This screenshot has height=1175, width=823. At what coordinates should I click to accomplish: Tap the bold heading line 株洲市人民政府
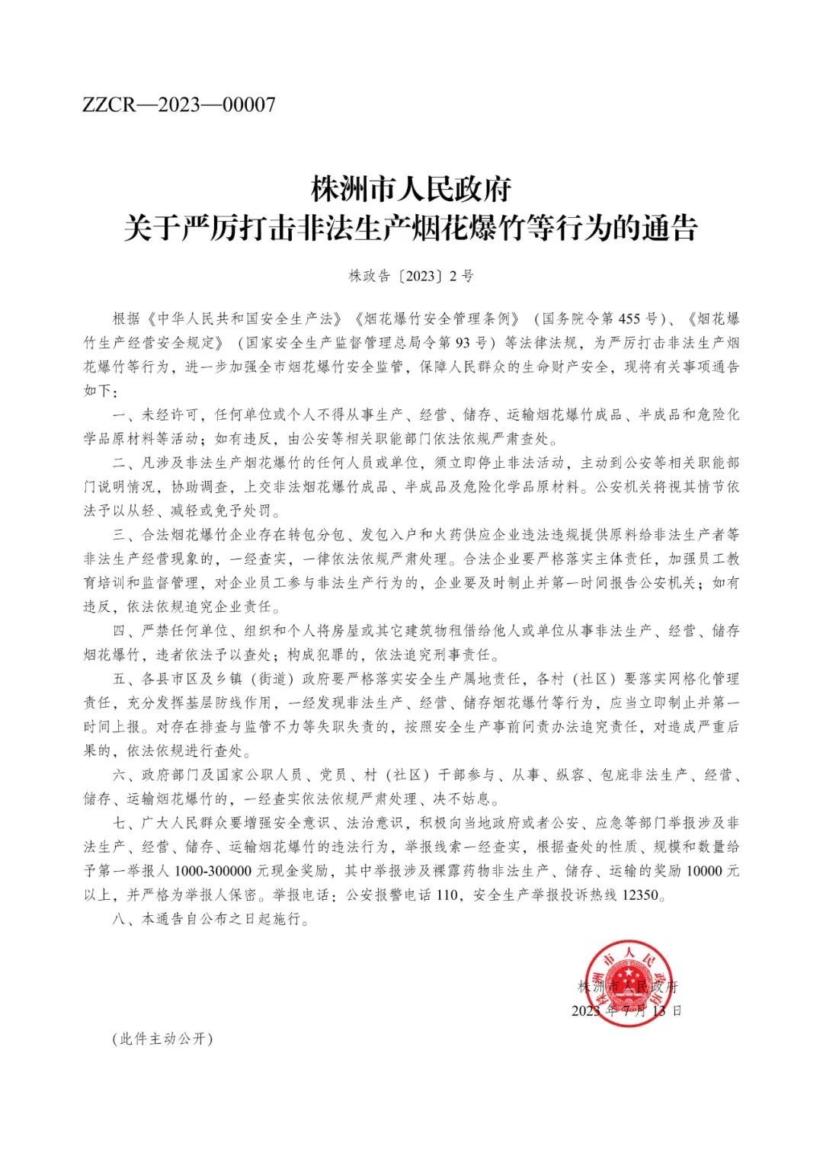[411, 188]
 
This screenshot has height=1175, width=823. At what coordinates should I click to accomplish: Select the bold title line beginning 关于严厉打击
[411, 227]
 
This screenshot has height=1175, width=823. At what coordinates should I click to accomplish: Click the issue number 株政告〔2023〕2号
[411, 276]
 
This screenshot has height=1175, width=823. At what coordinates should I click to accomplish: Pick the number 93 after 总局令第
[460, 341]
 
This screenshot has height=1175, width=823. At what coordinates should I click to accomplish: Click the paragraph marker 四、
[123, 631]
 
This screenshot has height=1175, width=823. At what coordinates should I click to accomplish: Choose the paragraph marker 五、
[123, 679]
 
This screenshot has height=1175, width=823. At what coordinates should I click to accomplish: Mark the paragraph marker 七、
[123, 824]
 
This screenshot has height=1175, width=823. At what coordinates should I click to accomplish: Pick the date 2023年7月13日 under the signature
[626, 1011]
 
